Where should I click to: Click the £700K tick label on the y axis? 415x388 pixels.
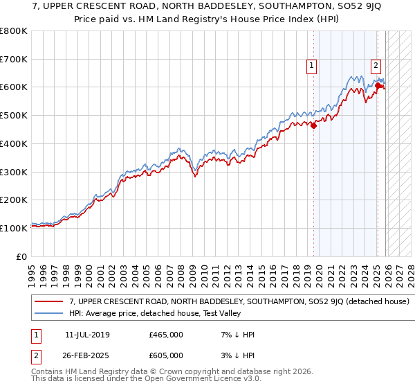point(14,59)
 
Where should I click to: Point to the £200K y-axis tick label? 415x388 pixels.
point(14,200)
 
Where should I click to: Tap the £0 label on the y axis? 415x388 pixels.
point(21,256)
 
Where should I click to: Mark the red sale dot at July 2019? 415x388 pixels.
point(313,125)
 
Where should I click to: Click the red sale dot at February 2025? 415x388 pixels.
point(378,86)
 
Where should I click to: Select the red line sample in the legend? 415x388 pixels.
point(50,302)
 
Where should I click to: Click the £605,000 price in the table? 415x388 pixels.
point(166,355)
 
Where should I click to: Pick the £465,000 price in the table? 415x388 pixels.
point(166,335)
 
